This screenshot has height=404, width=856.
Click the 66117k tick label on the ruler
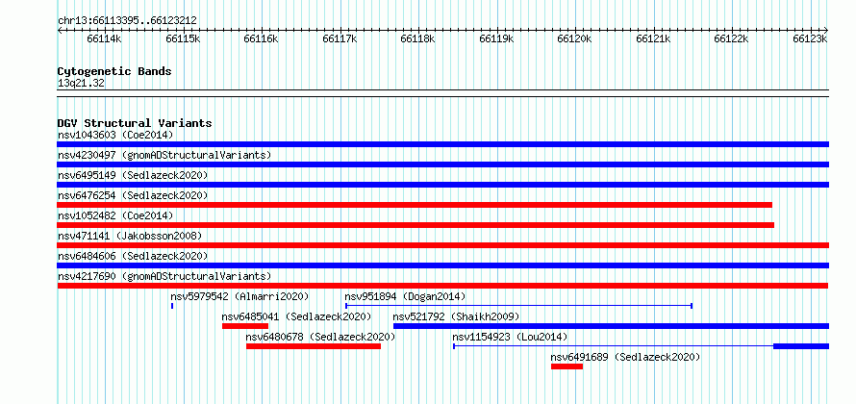click(x=340, y=38)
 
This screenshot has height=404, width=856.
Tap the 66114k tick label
click(x=104, y=38)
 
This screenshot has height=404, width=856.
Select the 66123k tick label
click(x=810, y=38)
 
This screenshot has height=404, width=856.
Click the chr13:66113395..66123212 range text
click(x=127, y=21)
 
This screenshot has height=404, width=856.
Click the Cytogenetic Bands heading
click(x=114, y=71)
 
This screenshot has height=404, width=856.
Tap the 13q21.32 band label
click(x=81, y=84)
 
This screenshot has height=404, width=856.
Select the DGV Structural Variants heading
click(x=135, y=123)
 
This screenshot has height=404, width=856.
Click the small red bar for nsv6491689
click(x=566, y=366)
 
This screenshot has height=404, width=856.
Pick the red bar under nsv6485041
click(x=245, y=326)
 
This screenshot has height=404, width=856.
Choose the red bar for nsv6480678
click(x=314, y=346)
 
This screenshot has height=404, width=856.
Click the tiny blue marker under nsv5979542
click(x=172, y=306)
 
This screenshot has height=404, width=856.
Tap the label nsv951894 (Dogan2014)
click(x=405, y=296)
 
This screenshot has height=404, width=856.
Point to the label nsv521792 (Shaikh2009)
click(x=456, y=316)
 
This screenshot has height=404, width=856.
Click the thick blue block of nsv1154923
click(x=801, y=346)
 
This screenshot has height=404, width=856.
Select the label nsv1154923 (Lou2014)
click(x=510, y=337)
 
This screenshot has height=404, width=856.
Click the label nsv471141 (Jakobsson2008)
click(x=130, y=236)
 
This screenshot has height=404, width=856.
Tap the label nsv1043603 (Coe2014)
click(x=115, y=135)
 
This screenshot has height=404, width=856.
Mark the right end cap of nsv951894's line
click(x=692, y=306)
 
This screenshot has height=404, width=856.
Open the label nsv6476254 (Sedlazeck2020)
click(x=133, y=195)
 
